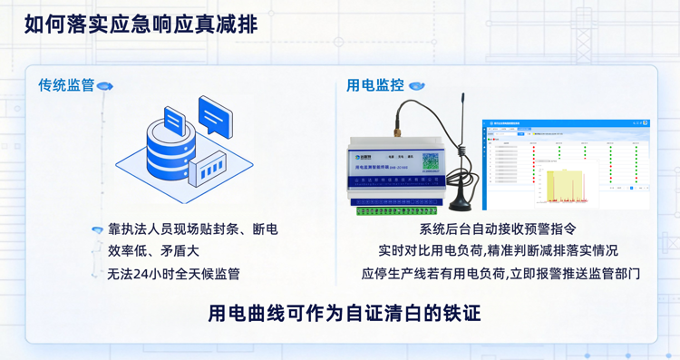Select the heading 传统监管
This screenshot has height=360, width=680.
coord(66,85)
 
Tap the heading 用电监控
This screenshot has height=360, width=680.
coord(374,85)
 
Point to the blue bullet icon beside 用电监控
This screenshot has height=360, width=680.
coord(416,86)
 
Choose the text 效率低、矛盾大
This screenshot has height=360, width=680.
coord(153,250)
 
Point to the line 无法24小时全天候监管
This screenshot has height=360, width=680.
coord(173,272)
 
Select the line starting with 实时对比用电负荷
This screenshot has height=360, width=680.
coord(498,250)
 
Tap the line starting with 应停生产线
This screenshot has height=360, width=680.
coord(500,272)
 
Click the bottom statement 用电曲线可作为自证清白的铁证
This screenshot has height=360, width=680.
coord(344,313)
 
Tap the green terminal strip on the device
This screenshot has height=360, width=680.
coord(400,211)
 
